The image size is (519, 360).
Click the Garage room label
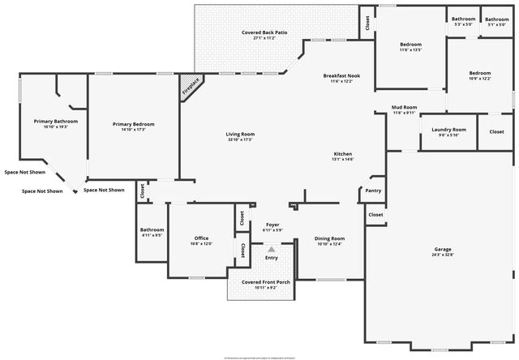pos(443,249)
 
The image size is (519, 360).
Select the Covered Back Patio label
pos(264,32)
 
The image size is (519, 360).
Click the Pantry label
pos(373,191)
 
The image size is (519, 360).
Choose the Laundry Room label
pos(448,130)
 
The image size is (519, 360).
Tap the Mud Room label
pos(404,107)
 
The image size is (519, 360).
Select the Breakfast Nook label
pos(341,75)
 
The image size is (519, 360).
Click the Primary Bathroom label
pos(55,122)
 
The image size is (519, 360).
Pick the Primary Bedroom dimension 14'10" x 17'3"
pos(134,129)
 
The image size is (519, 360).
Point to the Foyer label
pos(272,225)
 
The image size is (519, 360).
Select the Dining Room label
pos(330,238)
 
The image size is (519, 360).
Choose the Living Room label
pos(240,134)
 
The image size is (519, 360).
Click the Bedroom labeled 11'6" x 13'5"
pos(411,45)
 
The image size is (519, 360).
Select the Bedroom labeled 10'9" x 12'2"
pos(480,73)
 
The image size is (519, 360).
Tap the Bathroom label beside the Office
pos(152,230)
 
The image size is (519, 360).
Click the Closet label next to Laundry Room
pos(496,132)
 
